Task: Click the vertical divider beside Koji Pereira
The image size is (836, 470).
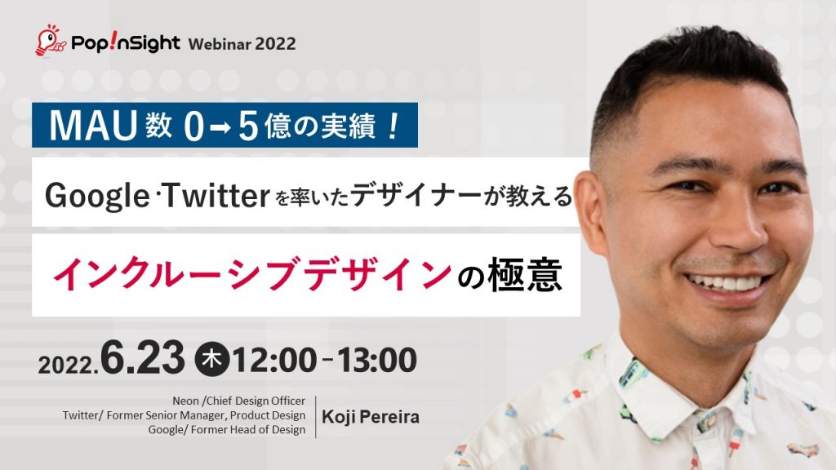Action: tap(316, 416)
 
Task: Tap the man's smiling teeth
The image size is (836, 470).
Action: tap(727, 282)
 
